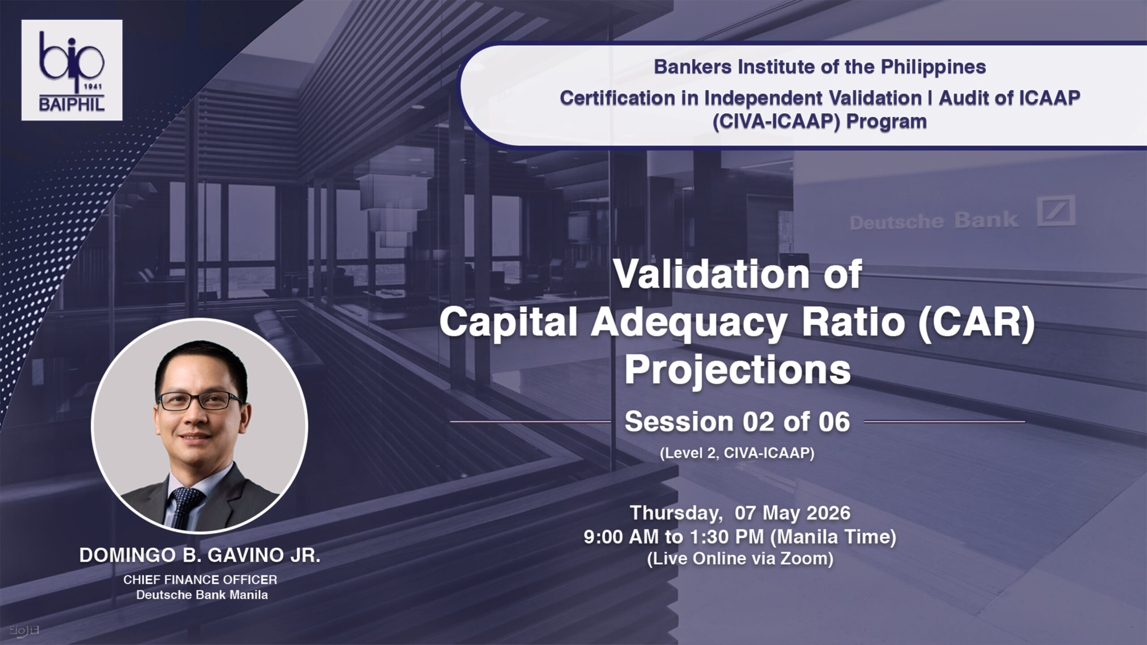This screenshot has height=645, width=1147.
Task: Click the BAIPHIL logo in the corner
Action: pos(72,70)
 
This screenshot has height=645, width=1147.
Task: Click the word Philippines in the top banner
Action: pos(933,68)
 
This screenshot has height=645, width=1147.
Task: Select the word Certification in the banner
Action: pos(617,98)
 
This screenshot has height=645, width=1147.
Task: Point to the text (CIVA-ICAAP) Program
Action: pos(819,122)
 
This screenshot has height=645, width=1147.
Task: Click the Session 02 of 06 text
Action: pos(737,421)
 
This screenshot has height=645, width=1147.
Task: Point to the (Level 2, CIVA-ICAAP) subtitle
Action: pos(737,453)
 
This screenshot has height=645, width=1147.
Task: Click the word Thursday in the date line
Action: pos(677,513)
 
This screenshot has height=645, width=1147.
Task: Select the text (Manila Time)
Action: pos(833,537)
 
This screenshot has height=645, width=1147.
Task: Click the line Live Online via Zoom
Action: pos(740,559)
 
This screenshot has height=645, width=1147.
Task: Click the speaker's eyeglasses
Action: pos(200,400)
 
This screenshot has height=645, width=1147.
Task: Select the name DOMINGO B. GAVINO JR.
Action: pos(200,555)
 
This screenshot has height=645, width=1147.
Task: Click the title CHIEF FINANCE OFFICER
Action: pos(200,580)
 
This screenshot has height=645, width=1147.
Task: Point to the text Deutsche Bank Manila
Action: pos(202,595)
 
